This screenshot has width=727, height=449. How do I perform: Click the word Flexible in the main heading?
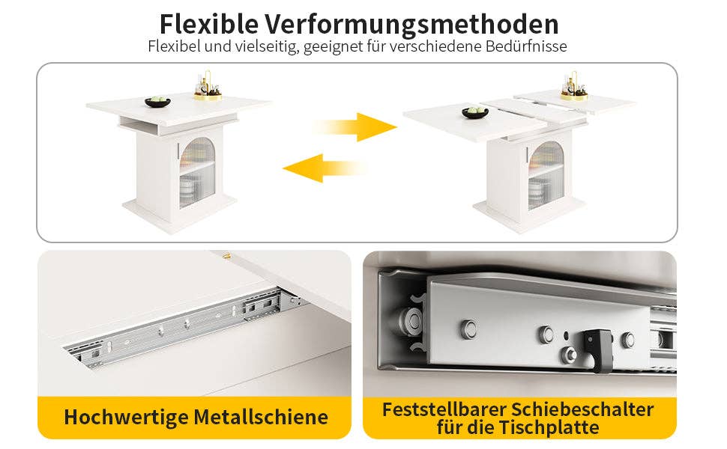click(209, 24)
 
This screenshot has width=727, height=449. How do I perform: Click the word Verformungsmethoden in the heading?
click(411, 24)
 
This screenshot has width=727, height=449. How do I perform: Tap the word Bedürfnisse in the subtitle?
click(526, 46)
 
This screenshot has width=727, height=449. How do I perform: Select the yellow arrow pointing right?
click(355, 126)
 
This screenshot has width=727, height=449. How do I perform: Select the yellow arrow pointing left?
click(325, 168)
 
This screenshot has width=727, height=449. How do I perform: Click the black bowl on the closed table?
click(157, 102)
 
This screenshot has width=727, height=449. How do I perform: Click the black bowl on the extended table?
click(475, 112)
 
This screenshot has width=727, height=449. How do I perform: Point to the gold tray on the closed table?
click(208, 97)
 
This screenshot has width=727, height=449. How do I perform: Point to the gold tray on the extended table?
click(574, 97)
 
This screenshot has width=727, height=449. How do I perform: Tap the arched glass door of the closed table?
click(197, 171)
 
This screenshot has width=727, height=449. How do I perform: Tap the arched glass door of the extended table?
click(546, 175)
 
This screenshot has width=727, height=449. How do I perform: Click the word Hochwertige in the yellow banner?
click(125, 417)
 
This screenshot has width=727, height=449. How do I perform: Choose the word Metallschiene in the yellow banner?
click(261, 417)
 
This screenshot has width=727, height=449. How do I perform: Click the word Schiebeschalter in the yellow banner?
click(583, 409)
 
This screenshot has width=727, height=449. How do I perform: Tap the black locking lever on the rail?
click(599, 349)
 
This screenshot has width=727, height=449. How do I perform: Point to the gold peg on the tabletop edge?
click(227, 255)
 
